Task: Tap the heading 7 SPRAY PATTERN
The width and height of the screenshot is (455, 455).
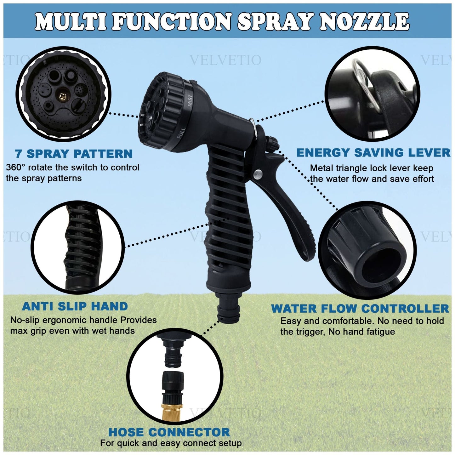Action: [74, 154]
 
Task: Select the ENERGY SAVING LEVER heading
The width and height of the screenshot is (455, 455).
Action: [373, 153]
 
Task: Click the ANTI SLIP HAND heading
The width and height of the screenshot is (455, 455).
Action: [75, 306]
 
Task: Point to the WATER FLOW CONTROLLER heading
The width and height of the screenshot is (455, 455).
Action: [360, 309]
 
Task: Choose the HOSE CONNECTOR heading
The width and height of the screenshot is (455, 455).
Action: [169, 432]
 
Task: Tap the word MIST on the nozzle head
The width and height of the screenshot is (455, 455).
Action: [190, 101]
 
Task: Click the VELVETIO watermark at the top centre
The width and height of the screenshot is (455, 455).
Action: [225, 60]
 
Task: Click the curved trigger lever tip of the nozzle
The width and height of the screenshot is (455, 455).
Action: [307, 252]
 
